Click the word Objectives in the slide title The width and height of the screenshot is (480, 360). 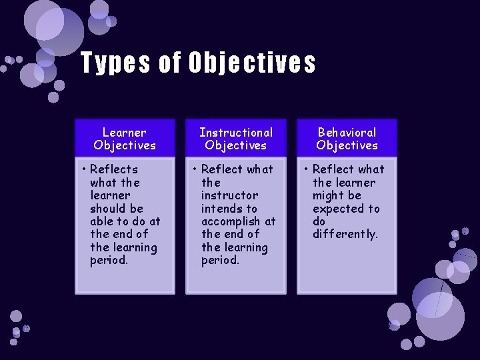(251, 63)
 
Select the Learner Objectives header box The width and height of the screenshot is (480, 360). (125, 138)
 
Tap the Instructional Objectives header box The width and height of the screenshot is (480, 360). (236, 138)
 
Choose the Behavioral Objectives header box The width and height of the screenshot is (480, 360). (347, 138)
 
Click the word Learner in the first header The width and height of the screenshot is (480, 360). (125, 132)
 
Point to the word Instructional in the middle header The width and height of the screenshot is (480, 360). (236, 132)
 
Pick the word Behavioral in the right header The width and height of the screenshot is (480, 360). (347, 132)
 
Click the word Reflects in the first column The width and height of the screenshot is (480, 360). (114, 169)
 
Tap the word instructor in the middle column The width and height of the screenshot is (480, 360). (229, 195)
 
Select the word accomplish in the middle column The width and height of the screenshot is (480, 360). (231, 221)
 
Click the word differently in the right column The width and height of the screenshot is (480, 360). (345, 234)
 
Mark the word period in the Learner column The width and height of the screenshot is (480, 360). (109, 260)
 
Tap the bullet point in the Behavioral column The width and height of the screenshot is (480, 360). (307, 169)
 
